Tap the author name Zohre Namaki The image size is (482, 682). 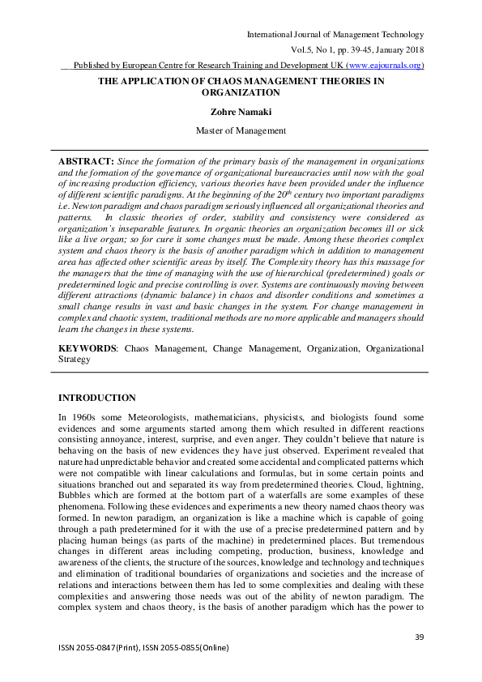(241, 113)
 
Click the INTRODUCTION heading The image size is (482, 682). (98, 398)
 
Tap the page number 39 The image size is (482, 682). (419, 637)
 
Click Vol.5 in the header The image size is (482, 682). (301, 50)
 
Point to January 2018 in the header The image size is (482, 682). (395, 50)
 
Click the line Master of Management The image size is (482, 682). (241, 130)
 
